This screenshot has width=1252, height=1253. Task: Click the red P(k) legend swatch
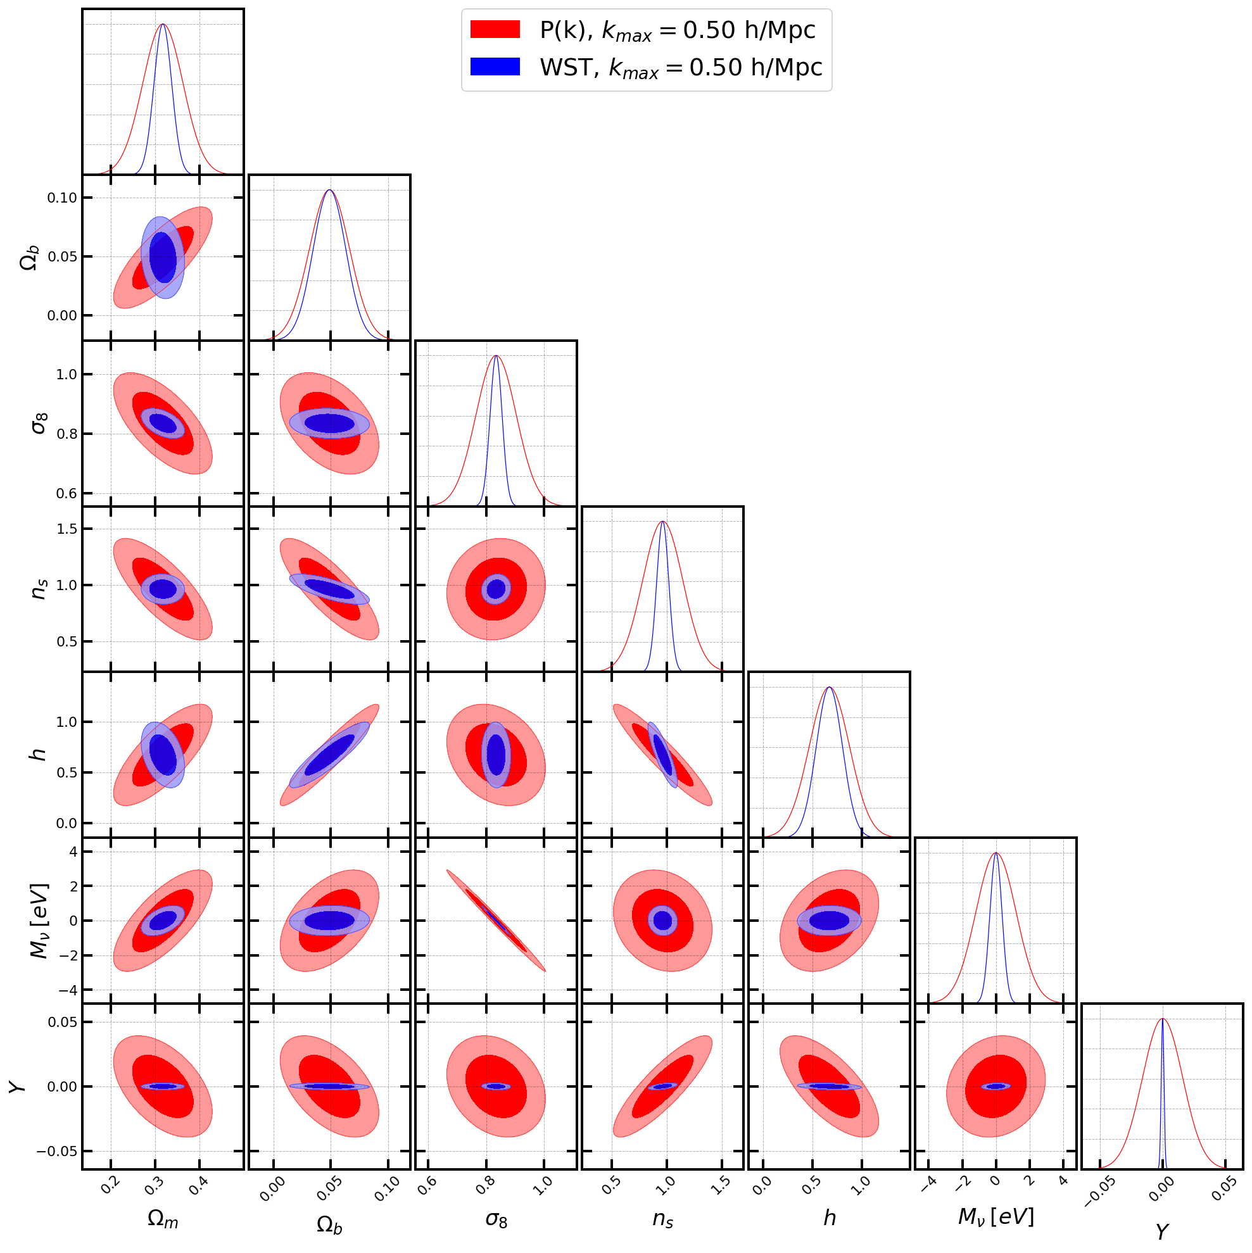click(495, 29)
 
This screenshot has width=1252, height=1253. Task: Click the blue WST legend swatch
click(495, 67)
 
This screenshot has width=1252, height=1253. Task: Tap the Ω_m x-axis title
click(162, 1219)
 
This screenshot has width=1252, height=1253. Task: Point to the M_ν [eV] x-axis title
click(995, 1218)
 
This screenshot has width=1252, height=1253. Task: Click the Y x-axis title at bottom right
click(1162, 1231)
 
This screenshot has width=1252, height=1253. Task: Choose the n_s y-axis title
click(39, 589)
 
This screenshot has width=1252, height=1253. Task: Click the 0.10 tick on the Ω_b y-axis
click(61, 198)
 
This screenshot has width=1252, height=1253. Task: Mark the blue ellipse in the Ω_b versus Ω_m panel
click(163, 258)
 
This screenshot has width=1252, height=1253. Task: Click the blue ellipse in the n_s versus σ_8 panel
click(496, 589)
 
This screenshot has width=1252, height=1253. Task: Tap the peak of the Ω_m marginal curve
click(163, 25)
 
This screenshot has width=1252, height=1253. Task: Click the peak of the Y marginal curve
click(1162, 1019)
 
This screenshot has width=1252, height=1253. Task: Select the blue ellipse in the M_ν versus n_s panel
click(662, 921)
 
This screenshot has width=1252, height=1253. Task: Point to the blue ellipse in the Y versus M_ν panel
click(995, 1086)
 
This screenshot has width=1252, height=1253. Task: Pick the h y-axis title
click(39, 754)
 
